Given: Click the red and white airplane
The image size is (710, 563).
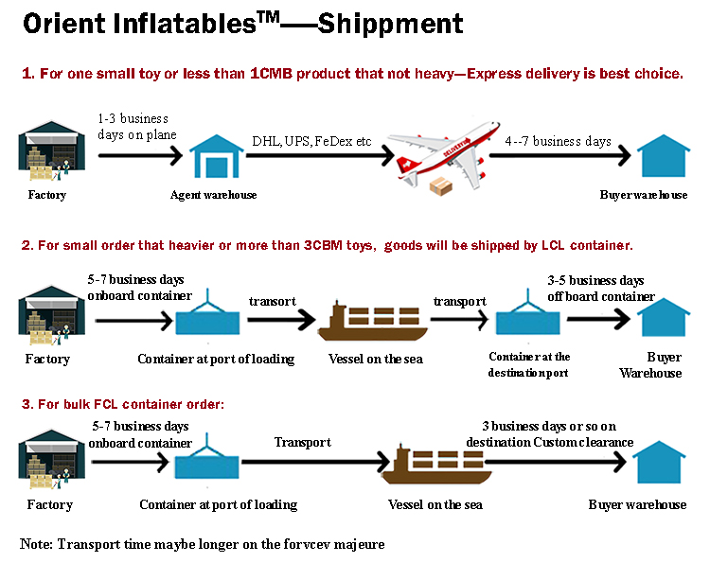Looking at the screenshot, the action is tap(444, 154).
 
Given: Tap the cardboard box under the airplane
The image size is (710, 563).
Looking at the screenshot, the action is tap(440, 186).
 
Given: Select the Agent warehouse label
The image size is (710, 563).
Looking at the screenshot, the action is tap(213, 195).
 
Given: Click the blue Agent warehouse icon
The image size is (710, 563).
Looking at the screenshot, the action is tap(217, 156).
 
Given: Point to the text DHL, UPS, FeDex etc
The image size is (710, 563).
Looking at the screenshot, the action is tap(311, 141).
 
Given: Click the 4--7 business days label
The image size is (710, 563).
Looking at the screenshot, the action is tap(558, 141).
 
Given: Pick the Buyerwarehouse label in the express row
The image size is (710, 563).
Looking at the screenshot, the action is tap(644, 195).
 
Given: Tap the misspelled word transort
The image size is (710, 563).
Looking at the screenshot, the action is tap(272, 302).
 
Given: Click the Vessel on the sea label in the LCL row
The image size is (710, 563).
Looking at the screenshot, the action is tap(376, 359).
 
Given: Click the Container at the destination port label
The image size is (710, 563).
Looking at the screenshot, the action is tap(529, 364).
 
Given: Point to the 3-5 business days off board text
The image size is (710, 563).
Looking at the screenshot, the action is tap(601, 289).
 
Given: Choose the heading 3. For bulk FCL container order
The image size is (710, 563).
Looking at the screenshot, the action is tap(123, 404).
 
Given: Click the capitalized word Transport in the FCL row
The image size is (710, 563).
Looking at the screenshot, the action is tap(303, 442).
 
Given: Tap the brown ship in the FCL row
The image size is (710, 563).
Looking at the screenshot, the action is tap(436, 464).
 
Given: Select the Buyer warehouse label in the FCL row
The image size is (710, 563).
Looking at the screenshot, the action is tap(637, 504).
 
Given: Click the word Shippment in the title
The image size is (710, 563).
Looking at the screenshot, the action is tap(390, 24).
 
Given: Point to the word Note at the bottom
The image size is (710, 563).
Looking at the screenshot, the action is tap(36, 543).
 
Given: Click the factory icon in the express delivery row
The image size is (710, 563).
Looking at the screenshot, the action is tap(51, 150).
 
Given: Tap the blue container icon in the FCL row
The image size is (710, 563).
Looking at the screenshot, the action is tap(207, 461).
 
